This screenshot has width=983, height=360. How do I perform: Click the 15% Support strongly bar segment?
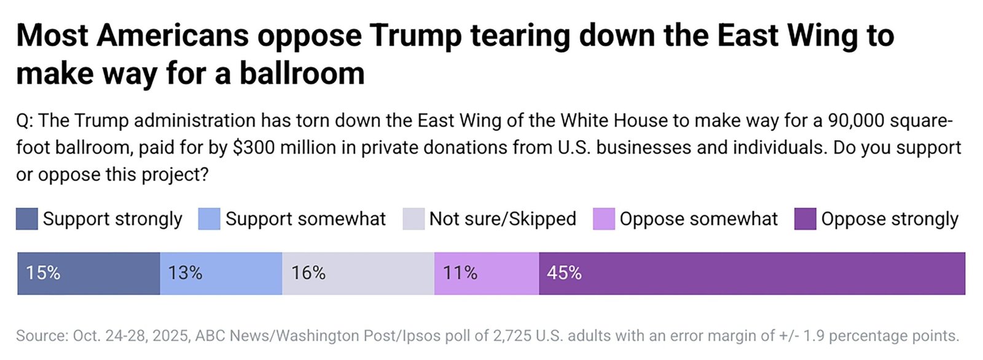coord(88,273)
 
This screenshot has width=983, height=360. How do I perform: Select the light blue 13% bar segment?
coord(221,273)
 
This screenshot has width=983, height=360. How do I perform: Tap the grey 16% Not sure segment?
coord(358,273)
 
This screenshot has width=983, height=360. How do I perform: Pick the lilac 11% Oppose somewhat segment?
coord(487,273)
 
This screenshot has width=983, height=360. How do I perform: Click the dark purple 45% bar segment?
coord(752,273)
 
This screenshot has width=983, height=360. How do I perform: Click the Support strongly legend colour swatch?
coord(27,219)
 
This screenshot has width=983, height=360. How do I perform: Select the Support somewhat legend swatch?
coord(209,219)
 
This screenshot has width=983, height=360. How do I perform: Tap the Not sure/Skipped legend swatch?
coord(413,219)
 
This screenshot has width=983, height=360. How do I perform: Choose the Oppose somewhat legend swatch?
coord(603,219)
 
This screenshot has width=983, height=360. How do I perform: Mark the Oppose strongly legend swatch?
coord(805,219)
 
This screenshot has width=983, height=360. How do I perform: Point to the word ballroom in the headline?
coord(302,74)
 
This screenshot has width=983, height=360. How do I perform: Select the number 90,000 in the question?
coord(856,120)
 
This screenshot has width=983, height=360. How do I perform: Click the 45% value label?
coord(564,273)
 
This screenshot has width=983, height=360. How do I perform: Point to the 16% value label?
coord(308,273)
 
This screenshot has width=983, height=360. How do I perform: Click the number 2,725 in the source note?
coord(512,336)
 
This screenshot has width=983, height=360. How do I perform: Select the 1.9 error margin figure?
coord(814,336)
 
